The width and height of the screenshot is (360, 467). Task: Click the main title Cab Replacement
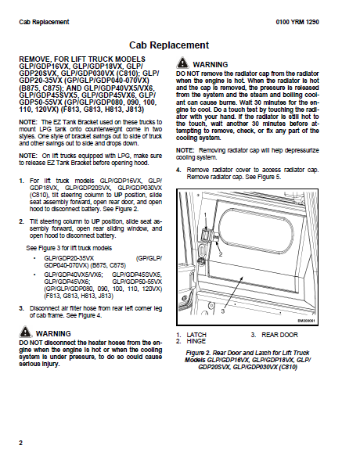click(x=169, y=45)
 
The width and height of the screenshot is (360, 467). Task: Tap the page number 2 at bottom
click(x=21, y=443)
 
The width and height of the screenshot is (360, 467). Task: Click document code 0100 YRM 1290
click(x=297, y=22)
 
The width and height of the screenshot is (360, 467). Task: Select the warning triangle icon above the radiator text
click(x=182, y=63)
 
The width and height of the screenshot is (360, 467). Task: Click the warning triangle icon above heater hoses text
click(x=25, y=332)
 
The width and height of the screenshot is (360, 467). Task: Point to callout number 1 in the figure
click(x=205, y=214)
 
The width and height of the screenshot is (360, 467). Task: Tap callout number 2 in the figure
click(x=221, y=254)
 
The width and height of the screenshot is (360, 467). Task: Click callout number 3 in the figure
click(x=223, y=311)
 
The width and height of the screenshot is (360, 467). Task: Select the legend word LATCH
click(x=196, y=335)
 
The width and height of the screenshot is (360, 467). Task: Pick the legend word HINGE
click(x=196, y=341)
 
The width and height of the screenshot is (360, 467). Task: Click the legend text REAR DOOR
click(x=280, y=335)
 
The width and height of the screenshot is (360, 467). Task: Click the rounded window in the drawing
click(x=256, y=228)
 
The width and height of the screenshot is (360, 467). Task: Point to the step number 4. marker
click(x=178, y=170)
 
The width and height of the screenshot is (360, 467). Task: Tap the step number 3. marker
click(x=21, y=308)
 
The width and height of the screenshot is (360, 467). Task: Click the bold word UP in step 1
click(x=118, y=195)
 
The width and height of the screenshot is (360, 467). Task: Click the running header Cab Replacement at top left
click(x=44, y=22)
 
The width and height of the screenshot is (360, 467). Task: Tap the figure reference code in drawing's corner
click(x=306, y=321)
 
